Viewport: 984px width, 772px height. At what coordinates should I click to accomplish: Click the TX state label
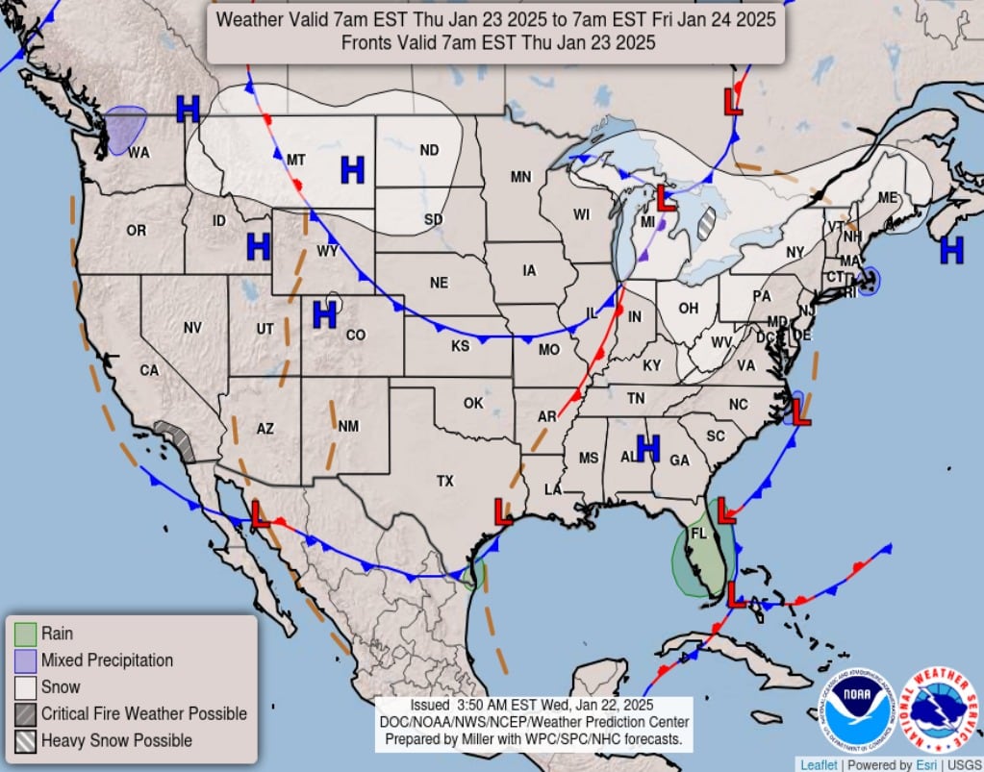444,481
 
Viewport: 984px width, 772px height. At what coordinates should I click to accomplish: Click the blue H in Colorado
325,313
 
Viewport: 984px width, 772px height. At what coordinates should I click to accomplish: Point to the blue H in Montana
353,171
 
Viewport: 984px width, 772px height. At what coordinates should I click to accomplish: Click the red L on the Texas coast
502,511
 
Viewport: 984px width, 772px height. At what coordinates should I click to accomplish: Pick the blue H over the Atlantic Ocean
951,250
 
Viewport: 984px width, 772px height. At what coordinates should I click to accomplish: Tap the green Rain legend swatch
26,635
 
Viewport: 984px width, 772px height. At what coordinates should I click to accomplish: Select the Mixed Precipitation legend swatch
26,661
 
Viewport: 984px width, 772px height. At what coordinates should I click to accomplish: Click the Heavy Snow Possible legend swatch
26,741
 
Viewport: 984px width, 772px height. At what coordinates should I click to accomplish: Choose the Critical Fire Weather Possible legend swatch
26,714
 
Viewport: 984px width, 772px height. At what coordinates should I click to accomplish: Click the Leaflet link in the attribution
819,764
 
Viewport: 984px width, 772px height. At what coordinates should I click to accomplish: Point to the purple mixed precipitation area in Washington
125,130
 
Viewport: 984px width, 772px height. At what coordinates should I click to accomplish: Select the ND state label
429,150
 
